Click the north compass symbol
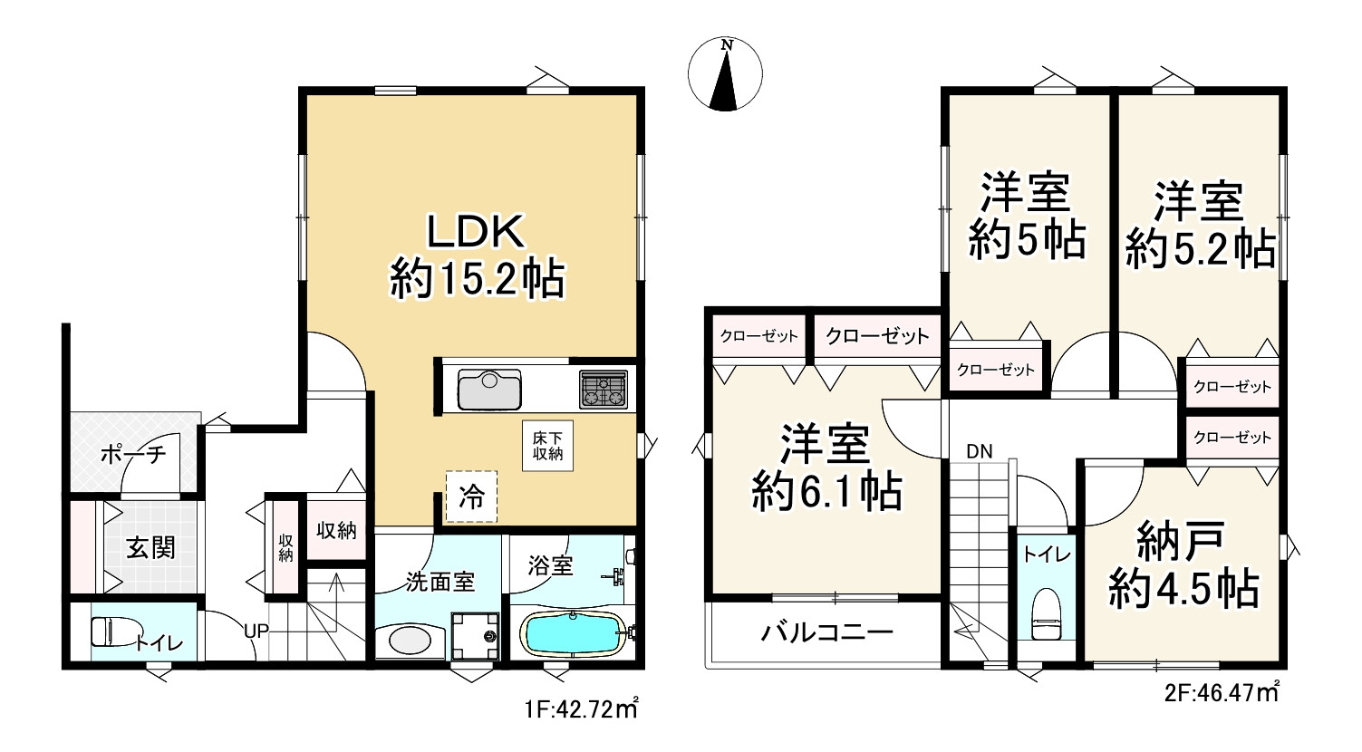(725, 74)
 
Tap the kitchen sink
(489, 389)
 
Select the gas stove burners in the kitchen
(604, 389)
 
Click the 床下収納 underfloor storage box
(547, 446)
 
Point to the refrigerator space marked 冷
(471, 497)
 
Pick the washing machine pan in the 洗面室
(475, 636)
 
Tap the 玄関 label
(150, 548)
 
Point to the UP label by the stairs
(256, 631)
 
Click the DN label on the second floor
(979, 451)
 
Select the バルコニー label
(827, 632)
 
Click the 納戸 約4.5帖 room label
(1183, 564)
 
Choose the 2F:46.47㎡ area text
(1222, 692)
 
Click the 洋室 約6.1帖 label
(826, 468)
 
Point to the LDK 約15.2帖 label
(478, 255)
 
